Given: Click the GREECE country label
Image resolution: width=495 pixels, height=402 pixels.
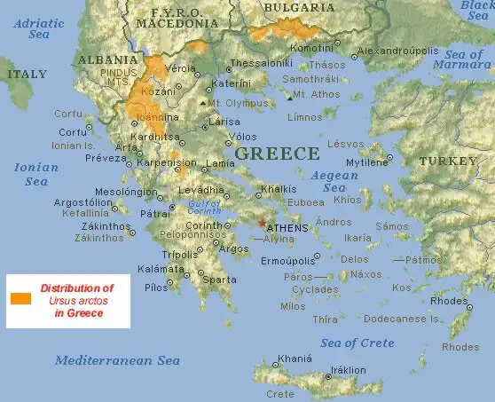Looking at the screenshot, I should (x=277, y=154).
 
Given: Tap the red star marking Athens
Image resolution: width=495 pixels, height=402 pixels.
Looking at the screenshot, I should (x=260, y=224).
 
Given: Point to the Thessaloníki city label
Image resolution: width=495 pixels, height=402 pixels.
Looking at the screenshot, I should (x=261, y=64).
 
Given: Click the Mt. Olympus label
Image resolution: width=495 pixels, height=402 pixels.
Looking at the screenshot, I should (x=237, y=103).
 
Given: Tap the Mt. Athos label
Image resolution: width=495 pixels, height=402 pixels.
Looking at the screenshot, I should (x=317, y=94).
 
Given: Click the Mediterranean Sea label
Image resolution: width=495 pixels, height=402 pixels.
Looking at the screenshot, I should (x=117, y=360).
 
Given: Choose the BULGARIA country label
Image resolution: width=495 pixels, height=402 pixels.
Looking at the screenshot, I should (x=295, y=8).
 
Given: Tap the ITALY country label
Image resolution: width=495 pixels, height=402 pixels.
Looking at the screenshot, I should (x=27, y=75).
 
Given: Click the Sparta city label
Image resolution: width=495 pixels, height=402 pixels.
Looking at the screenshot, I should (x=220, y=280).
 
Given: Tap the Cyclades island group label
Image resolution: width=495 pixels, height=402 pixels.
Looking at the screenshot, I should (x=315, y=289).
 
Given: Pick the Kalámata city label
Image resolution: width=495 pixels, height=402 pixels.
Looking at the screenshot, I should (x=161, y=268).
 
